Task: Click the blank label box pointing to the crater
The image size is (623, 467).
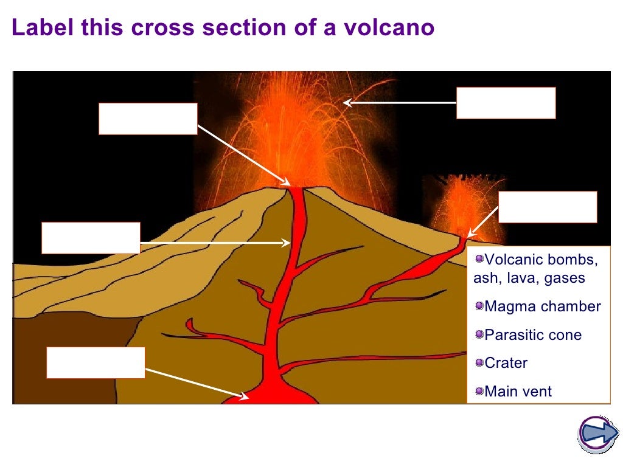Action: (148, 119)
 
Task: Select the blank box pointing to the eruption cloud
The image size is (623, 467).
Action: (506, 103)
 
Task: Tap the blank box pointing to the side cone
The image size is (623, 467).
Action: (548, 207)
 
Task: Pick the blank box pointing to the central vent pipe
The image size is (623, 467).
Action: (91, 238)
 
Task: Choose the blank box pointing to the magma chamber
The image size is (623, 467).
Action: (96, 363)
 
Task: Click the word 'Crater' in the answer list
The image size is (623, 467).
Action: (506, 364)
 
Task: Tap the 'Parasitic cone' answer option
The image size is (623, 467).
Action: (533, 335)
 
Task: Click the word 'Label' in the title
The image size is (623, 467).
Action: (37, 28)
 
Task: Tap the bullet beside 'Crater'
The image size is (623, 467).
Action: (479, 363)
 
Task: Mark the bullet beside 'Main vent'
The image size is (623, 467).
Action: (479, 391)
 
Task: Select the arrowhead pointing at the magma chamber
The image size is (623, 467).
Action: (245, 396)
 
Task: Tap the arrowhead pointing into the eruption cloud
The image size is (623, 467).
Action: (347, 103)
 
